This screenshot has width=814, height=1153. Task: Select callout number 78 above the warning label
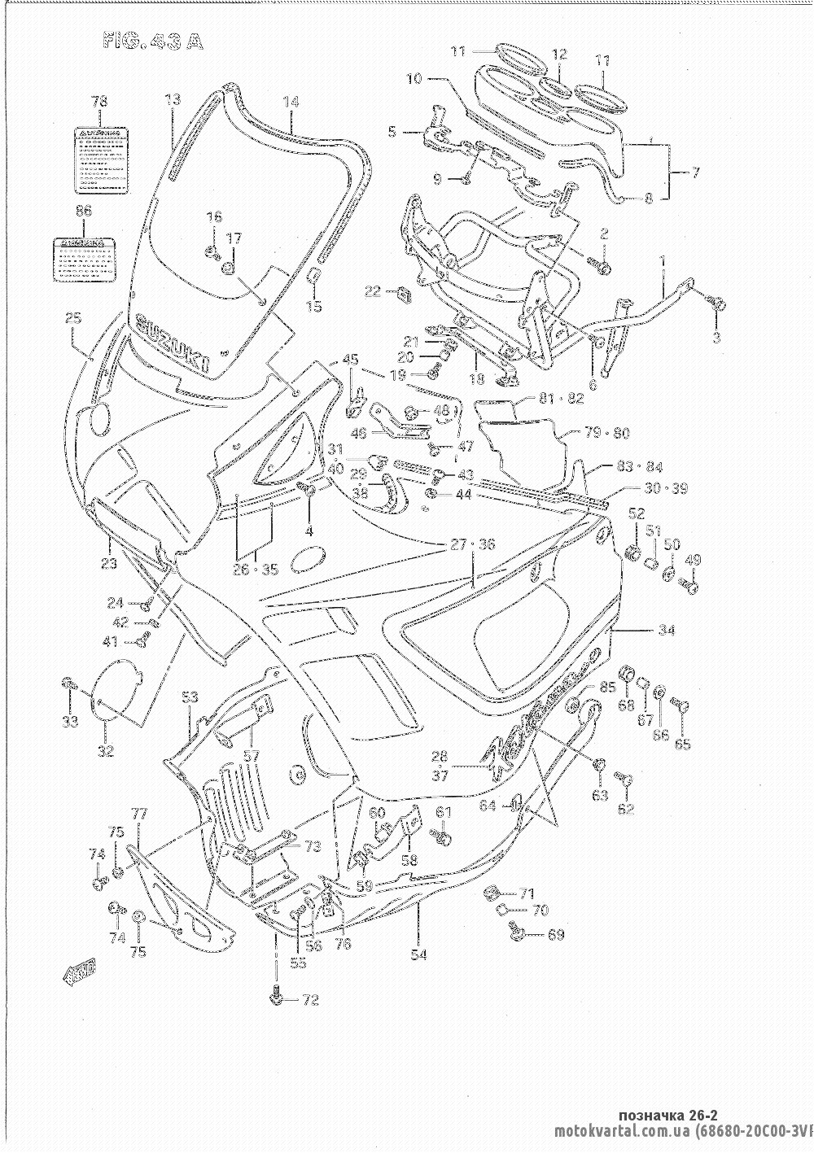[98, 102]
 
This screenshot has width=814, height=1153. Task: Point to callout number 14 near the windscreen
[291, 102]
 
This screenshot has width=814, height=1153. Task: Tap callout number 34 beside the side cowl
[667, 629]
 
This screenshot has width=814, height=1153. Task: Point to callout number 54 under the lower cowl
[418, 954]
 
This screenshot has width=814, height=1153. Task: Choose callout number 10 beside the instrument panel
[415, 79]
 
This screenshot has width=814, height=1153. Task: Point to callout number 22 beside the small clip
[372, 291]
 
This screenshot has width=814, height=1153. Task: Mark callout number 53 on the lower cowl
[190, 697]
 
